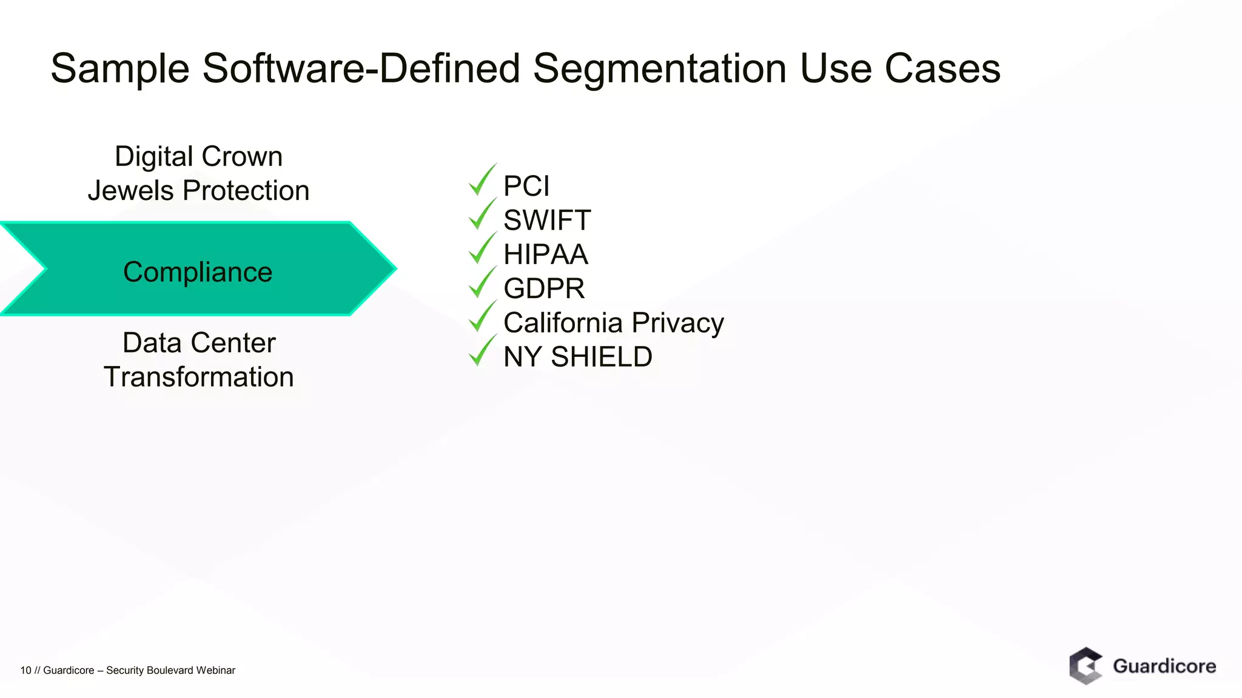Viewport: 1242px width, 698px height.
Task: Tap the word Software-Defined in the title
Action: (x=361, y=68)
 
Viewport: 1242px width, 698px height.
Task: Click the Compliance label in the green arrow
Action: (x=198, y=272)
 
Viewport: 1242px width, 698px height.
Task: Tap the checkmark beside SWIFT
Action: (x=482, y=214)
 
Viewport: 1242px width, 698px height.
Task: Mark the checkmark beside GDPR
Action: (x=482, y=283)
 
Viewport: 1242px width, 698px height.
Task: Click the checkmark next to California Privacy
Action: (x=482, y=317)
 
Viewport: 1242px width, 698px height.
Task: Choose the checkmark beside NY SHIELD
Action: (x=482, y=351)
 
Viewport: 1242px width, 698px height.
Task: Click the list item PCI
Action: (x=526, y=186)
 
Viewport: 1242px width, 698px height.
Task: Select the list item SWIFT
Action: (x=547, y=220)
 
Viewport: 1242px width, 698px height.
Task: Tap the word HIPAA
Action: (x=546, y=254)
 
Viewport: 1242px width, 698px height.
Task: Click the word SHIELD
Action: (x=601, y=357)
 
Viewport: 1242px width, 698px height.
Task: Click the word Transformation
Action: (x=199, y=377)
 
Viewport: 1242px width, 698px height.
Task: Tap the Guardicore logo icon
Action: (x=1086, y=666)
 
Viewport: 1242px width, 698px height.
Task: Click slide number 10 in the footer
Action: (x=25, y=670)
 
